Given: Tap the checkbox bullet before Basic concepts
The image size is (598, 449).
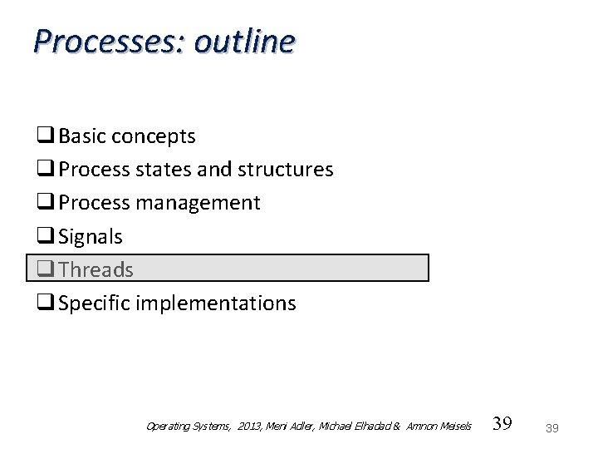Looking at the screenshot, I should click(x=46, y=136).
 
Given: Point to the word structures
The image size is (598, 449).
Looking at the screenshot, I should click(x=286, y=170).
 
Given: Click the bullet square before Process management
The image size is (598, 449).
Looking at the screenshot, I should click(x=46, y=203).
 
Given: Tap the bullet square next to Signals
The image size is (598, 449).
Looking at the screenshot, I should click(x=46, y=236).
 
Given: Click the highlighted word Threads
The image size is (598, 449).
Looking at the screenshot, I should click(x=96, y=269).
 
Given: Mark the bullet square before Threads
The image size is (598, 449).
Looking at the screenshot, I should click(x=46, y=269).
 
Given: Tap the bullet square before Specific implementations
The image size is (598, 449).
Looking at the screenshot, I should click(x=46, y=303).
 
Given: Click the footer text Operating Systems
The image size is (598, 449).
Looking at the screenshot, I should click(x=188, y=427).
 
